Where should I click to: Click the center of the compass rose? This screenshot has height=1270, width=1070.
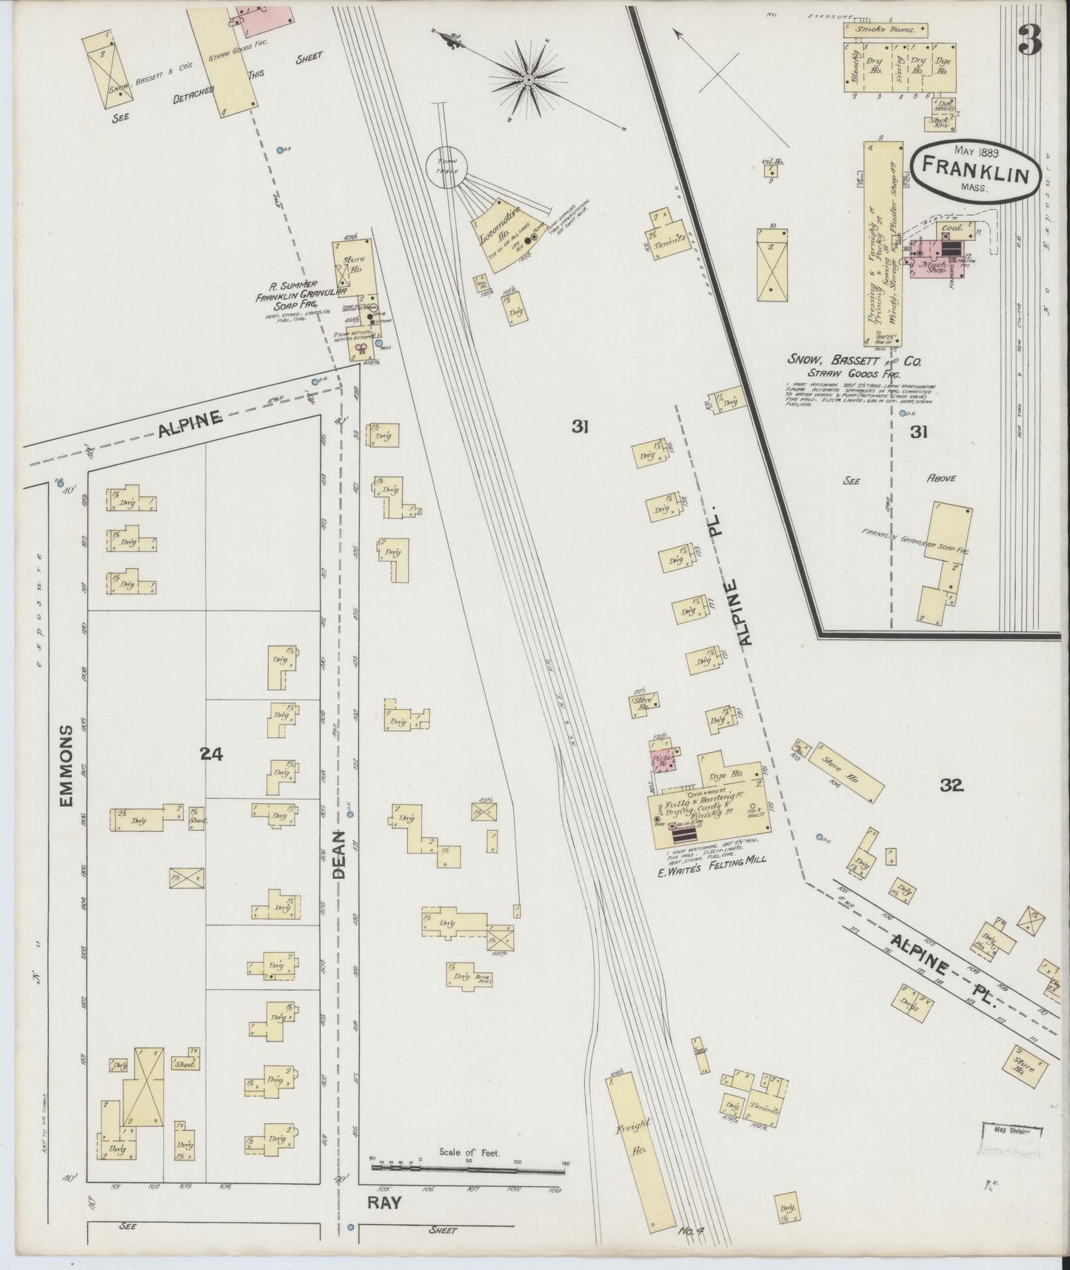529,79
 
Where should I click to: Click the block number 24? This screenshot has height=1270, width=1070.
211,754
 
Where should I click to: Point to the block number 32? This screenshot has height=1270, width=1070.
952,785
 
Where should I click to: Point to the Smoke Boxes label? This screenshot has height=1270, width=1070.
886,30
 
